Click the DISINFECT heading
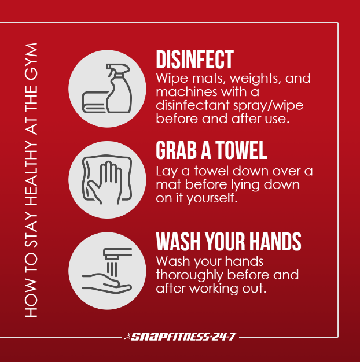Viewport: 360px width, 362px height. (195, 60)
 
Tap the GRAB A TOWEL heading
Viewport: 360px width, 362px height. (211, 150)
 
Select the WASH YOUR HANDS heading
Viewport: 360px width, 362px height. (229, 241)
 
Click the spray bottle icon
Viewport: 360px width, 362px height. (119, 88)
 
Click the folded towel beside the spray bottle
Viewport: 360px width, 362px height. (94, 102)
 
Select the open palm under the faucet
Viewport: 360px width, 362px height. (106, 284)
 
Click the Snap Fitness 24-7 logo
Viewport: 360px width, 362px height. (179, 337)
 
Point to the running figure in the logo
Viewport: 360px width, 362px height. (127, 337)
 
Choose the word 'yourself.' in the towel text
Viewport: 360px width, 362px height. (212, 198)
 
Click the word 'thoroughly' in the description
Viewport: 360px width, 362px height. (189, 276)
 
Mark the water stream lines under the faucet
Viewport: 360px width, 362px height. (112, 268)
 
